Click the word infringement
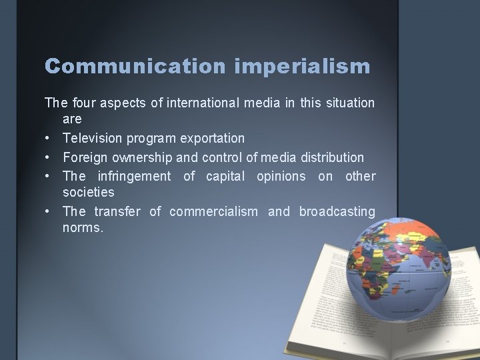click(137, 176)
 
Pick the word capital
click(225, 176)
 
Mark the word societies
click(88, 193)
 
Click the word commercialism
click(213, 211)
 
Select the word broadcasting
click(337, 211)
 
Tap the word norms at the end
click(82, 228)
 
